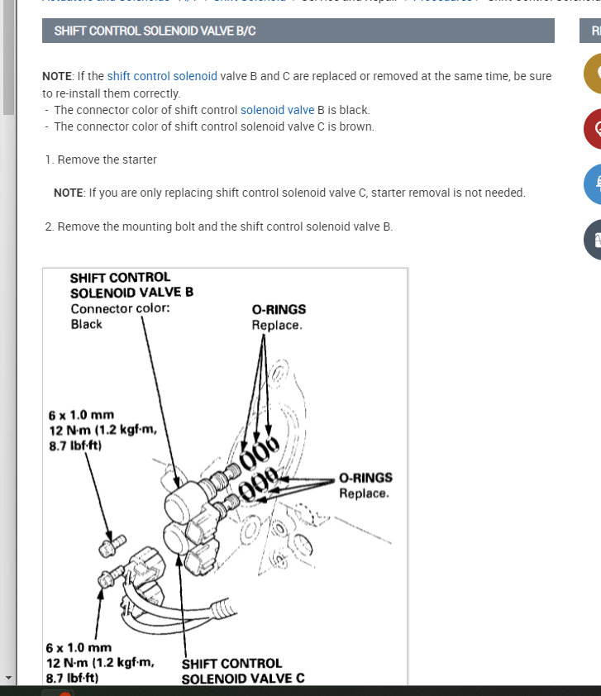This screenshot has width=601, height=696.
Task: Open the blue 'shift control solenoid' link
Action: (162, 76)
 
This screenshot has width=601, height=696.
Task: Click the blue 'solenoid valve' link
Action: (277, 110)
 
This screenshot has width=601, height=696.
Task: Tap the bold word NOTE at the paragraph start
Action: (58, 76)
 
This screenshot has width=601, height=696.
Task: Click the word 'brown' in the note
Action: (356, 126)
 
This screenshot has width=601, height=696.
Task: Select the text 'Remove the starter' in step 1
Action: (107, 160)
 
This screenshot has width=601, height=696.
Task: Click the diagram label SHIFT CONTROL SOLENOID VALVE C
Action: (243, 670)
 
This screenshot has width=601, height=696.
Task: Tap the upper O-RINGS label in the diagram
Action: (279, 310)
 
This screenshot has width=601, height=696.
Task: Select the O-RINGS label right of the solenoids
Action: (365, 478)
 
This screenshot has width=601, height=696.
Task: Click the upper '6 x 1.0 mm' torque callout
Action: (81, 414)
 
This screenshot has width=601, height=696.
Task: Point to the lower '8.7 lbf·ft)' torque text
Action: (72, 678)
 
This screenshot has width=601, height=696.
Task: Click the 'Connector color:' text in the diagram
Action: (120, 309)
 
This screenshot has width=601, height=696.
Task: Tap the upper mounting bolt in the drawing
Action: (110, 546)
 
